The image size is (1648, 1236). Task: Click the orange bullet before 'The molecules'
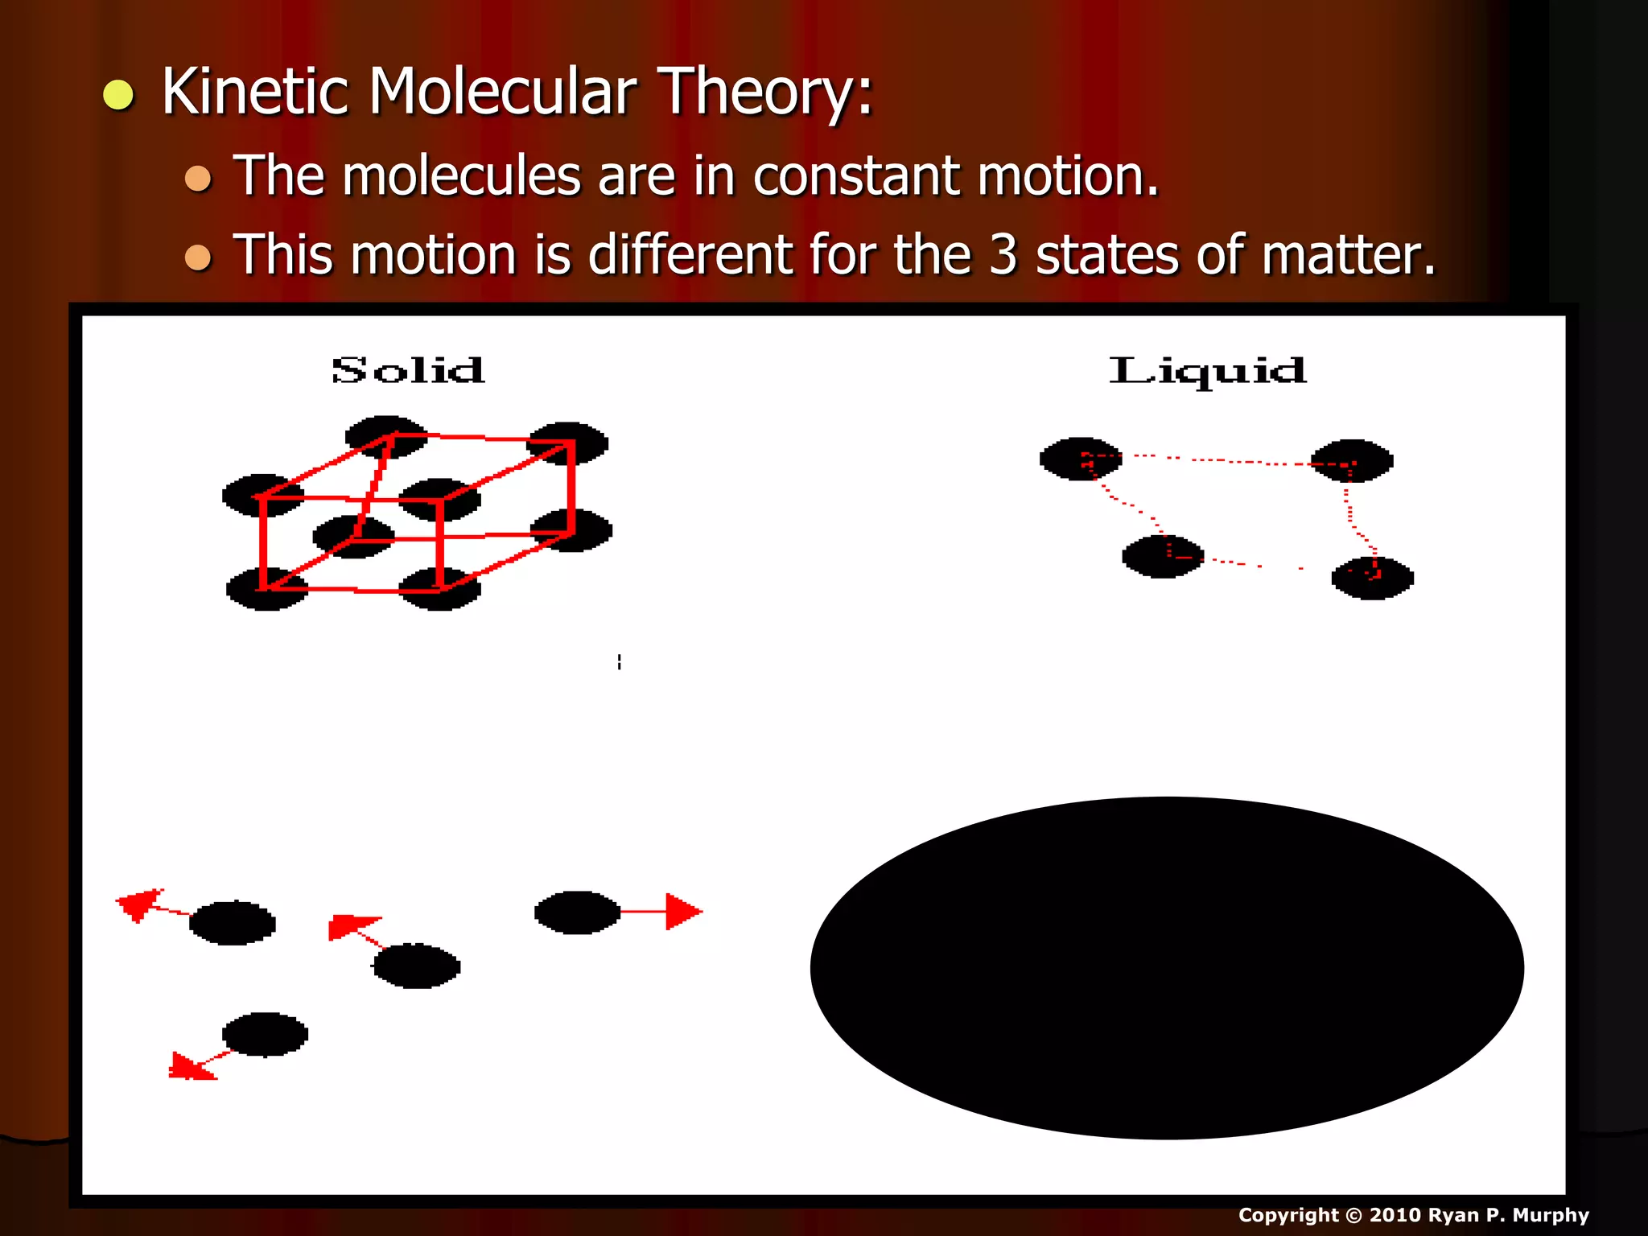click(x=198, y=178)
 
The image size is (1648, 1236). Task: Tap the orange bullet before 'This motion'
click(x=198, y=257)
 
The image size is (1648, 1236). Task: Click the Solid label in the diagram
click(x=408, y=370)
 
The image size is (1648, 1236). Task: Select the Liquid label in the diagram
click(x=1207, y=370)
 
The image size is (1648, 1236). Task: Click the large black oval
click(x=1167, y=967)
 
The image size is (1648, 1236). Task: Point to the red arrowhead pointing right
click(x=683, y=912)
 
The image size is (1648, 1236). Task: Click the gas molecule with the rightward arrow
click(x=576, y=912)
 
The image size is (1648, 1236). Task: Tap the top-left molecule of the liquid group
click(x=1080, y=459)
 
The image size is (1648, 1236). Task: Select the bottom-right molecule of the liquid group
click(x=1372, y=578)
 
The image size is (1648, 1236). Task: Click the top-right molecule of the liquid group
click(x=1352, y=460)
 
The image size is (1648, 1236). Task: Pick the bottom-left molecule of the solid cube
click(x=266, y=589)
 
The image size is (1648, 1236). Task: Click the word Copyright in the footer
click(x=1287, y=1215)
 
